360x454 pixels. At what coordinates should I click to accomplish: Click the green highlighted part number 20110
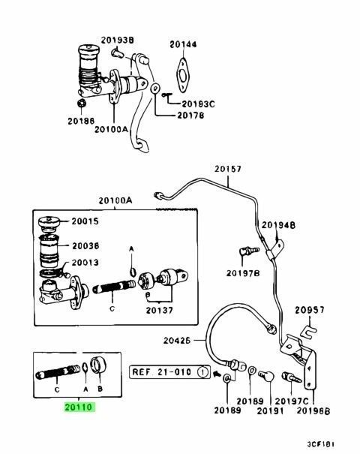79,407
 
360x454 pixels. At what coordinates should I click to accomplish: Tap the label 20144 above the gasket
183,44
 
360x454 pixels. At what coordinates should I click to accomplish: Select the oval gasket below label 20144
182,75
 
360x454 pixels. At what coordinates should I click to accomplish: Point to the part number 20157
228,169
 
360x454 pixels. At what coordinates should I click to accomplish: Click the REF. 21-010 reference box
169,372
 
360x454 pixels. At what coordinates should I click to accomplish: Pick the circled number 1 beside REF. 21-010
202,372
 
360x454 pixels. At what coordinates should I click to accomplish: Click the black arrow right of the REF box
216,374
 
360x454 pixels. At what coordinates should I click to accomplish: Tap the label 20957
309,310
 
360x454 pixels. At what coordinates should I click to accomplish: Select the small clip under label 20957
309,331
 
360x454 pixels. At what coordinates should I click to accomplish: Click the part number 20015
85,221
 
